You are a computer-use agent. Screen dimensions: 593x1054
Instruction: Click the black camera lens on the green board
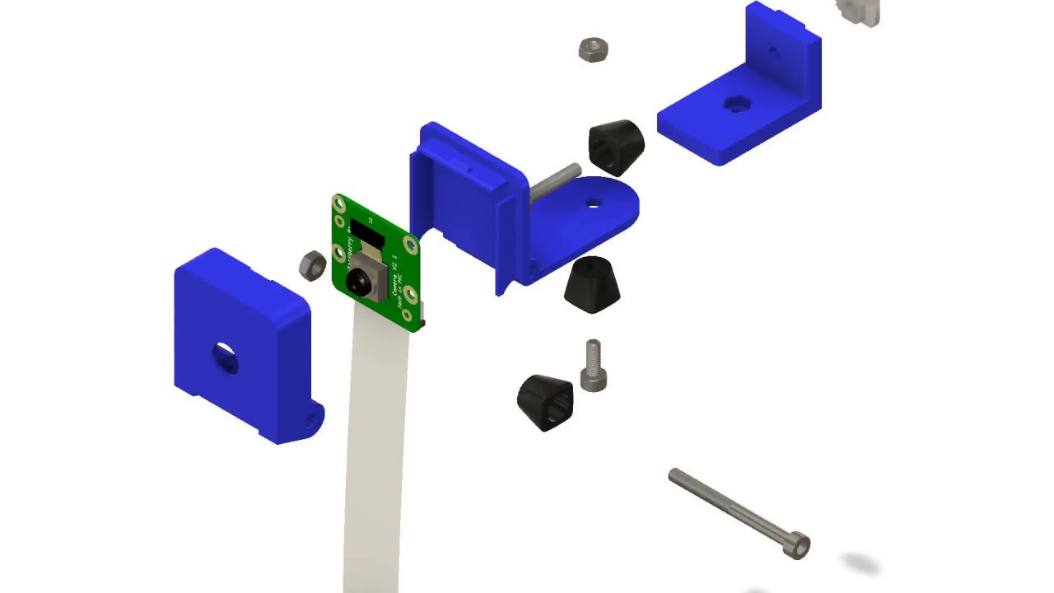pyautogui.click(x=358, y=281)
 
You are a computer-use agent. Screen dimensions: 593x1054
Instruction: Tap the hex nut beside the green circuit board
pyautogui.click(x=312, y=264)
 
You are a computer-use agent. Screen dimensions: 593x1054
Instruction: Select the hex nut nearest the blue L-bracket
pyautogui.click(x=593, y=49)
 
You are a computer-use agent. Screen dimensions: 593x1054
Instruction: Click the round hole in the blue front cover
pyautogui.click(x=225, y=356)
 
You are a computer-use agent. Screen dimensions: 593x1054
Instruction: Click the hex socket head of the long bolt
pyautogui.click(x=798, y=545)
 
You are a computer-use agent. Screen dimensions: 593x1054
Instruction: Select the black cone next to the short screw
pyautogui.click(x=545, y=401)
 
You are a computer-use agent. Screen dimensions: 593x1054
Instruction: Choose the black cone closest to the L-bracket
pyautogui.click(x=616, y=146)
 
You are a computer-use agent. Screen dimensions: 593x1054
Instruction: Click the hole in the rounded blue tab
pyautogui.click(x=594, y=202)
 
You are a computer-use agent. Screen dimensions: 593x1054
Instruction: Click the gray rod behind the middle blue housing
pyautogui.click(x=553, y=183)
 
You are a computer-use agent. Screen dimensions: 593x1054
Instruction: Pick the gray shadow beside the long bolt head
pyautogui.click(x=860, y=564)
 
